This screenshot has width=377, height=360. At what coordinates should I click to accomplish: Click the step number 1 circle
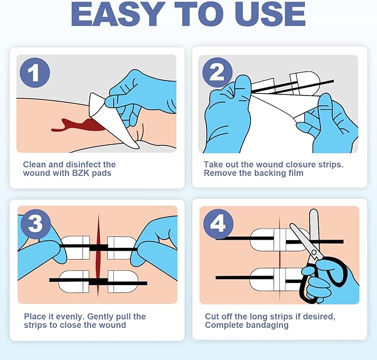point(35,73)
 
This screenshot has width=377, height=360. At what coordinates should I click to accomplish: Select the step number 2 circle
point(217,73)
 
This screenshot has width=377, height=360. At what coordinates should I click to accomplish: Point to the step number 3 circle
point(36,224)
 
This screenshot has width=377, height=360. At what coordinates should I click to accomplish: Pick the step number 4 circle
point(218,224)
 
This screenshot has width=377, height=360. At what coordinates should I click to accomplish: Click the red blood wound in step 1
point(77,125)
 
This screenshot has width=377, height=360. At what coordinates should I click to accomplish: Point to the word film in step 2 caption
point(296,173)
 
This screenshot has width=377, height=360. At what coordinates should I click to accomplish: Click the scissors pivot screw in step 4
point(314,252)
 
